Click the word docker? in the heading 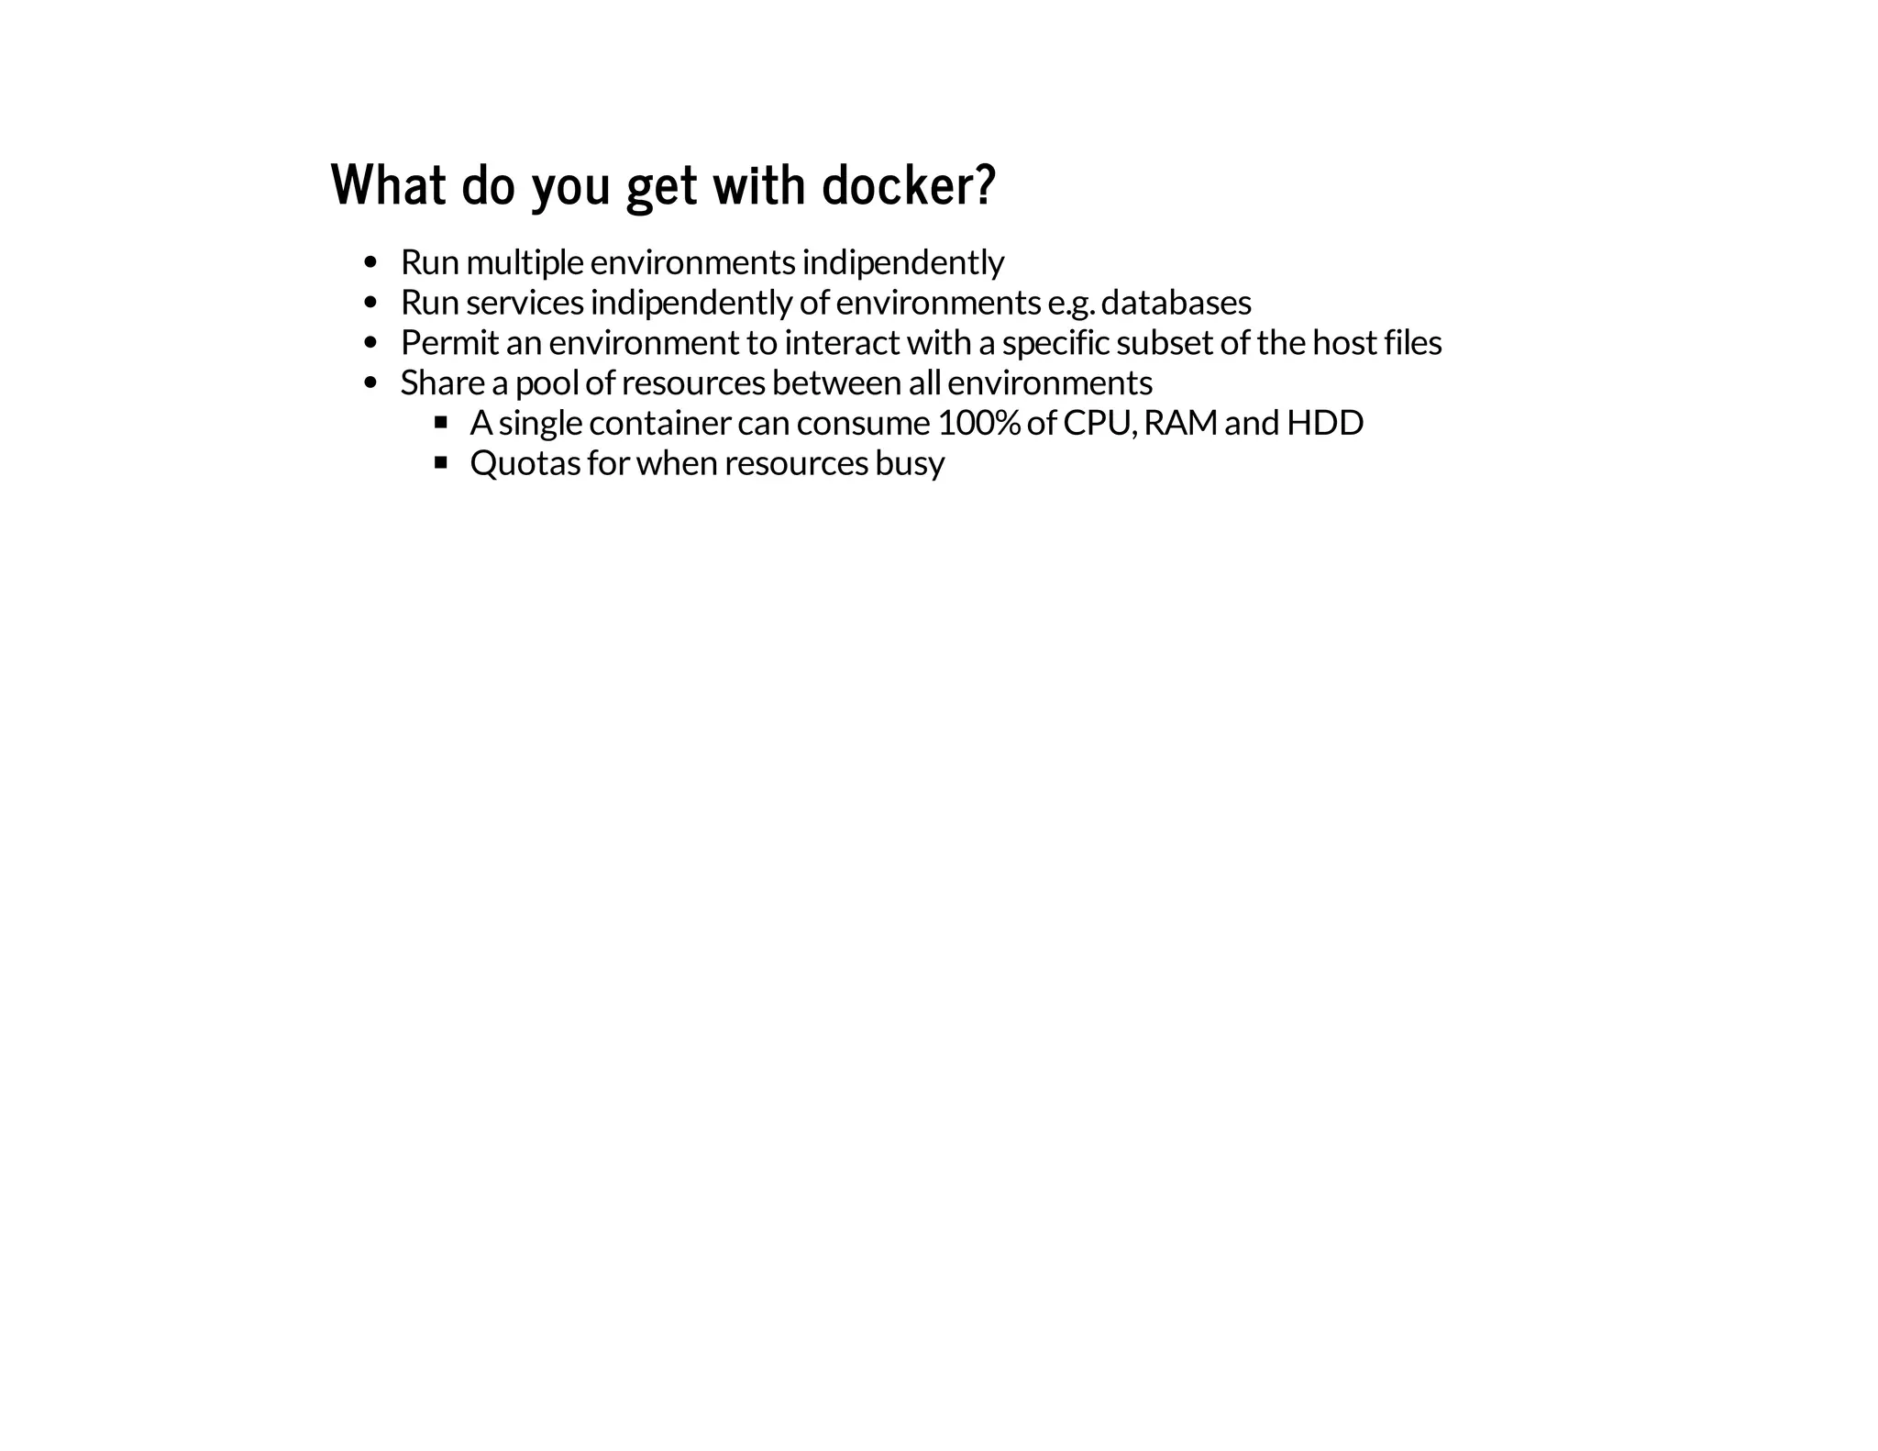coord(908,185)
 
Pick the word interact coord(842,343)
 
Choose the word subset coord(1165,343)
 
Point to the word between coord(836,382)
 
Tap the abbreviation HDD coord(1325,423)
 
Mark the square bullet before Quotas coord(441,462)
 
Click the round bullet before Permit coord(370,343)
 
